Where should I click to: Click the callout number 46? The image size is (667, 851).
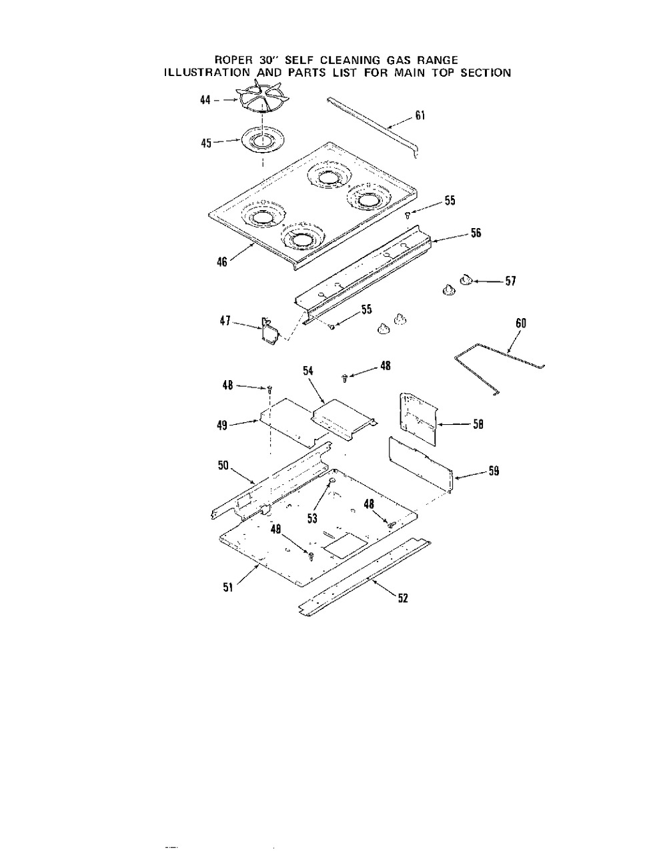click(x=222, y=262)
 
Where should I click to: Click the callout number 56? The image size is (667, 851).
click(x=476, y=233)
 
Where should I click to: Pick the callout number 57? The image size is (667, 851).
click(x=510, y=281)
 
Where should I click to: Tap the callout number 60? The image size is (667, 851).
click(x=521, y=323)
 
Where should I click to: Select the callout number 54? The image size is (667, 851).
click(x=309, y=370)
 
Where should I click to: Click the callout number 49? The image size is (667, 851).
click(x=223, y=424)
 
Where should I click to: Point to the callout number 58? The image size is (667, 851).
click(x=478, y=423)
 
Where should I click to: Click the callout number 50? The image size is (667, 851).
click(x=223, y=466)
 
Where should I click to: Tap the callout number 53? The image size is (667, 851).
click(x=312, y=517)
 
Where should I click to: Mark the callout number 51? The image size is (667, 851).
click(x=227, y=588)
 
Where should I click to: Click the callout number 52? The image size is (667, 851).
click(x=402, y=598)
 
